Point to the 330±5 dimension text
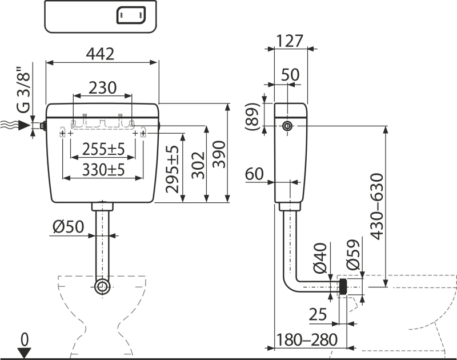point(103,169)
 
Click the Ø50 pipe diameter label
point(67,227)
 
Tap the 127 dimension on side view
point(291,41)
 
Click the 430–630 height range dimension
point(376,209)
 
